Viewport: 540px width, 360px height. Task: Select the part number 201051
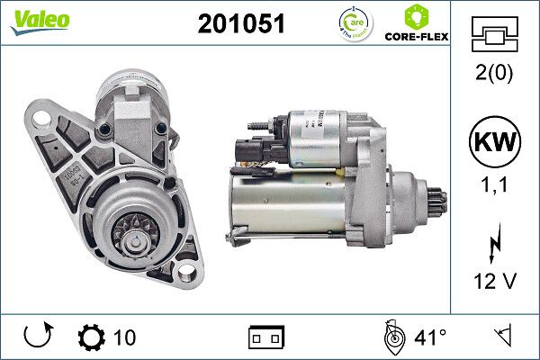[x=241, y=25]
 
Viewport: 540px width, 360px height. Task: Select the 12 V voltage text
[x=494, y=281]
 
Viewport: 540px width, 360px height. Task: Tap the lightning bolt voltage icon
[x=494, y=246]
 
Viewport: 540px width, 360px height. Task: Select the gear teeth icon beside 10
[x=91, y=337]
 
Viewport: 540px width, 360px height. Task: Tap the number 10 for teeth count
[x=124, y=337]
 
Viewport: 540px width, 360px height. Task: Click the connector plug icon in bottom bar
[x=266, y=338]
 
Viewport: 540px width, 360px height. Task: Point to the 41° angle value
[x=429, y=337]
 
